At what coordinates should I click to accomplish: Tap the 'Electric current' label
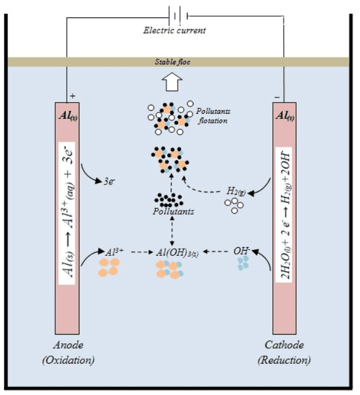(x=174, y=30)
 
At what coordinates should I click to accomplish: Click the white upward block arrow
(x=171, y=82)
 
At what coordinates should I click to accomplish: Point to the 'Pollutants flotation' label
(x=212, y=115)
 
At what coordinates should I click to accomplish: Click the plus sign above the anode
(x=73, y=96)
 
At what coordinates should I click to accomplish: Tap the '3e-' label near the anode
(x=109, y=181)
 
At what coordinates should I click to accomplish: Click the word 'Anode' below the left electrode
(x=68, y=345)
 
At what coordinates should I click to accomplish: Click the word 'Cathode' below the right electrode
(x=284, y=345)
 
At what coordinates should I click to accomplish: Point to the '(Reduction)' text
(x=284, y=360)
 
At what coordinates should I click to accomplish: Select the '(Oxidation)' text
(x=68, y=360)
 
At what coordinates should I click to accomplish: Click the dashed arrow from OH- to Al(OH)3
(x=215, y=252)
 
